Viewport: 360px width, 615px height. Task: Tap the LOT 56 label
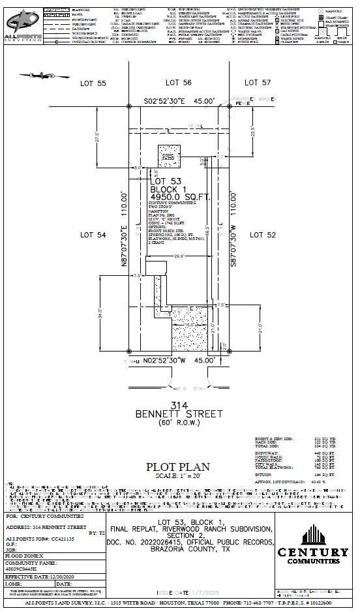[178, 83]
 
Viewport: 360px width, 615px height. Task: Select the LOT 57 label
[258, 83]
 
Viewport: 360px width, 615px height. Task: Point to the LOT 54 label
[93, 234]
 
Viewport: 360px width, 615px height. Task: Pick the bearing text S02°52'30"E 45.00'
[179, 101]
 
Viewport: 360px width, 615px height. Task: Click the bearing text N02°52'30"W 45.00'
[178, 360]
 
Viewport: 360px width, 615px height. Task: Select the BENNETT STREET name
[179, 414]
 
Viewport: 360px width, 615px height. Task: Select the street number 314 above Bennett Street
[178, 404]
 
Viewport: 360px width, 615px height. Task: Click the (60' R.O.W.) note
[179, 423]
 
